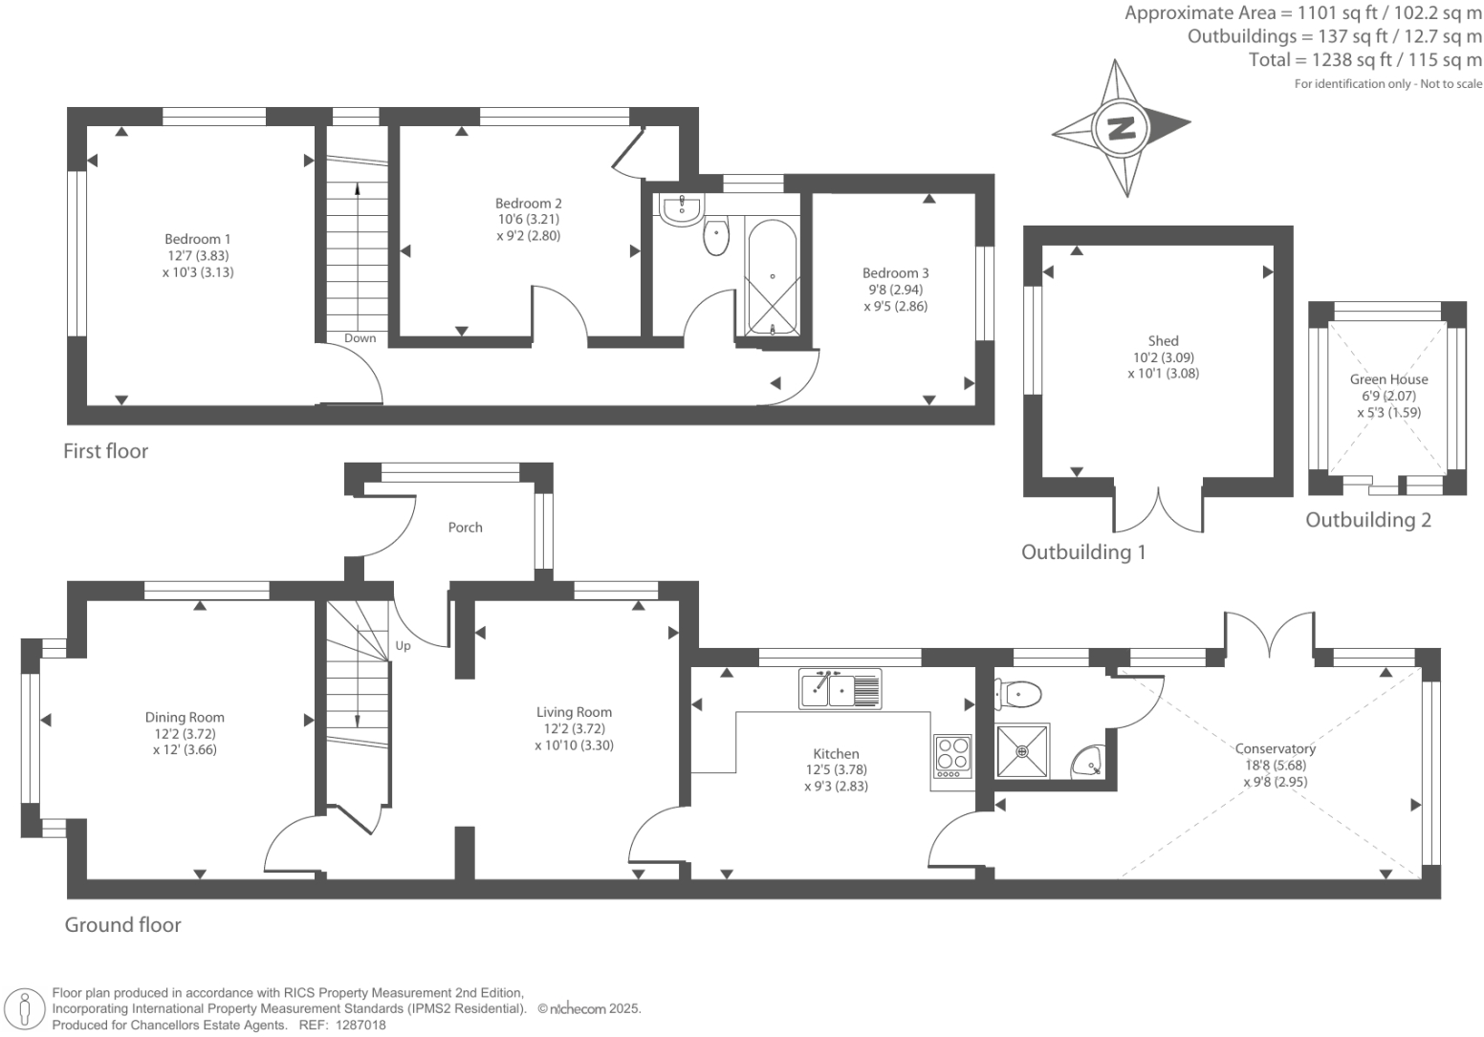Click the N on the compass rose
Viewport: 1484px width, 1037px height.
[x=1121, y=127]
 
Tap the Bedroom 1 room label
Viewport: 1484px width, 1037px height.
[x=198, y=239]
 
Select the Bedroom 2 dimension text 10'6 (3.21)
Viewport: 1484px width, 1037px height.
[x=528, y=219]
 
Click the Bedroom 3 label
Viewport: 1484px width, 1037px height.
[x=896, y=273]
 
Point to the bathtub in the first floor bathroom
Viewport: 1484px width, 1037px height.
[x=772, y=276]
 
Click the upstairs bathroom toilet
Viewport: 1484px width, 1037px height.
[x=716, y=237]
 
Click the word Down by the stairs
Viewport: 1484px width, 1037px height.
[x=360, y=338]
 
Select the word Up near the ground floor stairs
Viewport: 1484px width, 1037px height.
[x=404, y=646]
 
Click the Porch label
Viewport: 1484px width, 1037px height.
[x=466, y=528]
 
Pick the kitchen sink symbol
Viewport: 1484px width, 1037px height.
[x=840, y=689]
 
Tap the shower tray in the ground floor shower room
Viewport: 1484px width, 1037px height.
[x=1022, y=750]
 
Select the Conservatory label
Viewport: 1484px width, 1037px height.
[x=1275, y=748]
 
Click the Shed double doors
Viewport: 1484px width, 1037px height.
[x=1158, y=509]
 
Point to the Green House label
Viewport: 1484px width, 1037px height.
[x=1388, y=379]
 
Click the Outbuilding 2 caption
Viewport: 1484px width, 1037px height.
[x=1368, y=520]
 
